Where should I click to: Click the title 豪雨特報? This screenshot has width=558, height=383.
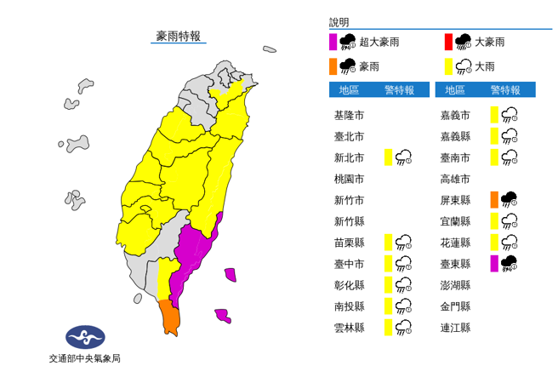coord(178,36)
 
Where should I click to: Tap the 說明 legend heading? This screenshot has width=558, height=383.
coord(339,23)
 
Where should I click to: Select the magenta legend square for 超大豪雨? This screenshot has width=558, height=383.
coord(333,42)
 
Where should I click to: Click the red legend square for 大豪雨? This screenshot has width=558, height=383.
coord(447,42)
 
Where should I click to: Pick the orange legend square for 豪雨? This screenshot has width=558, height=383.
coord(333,66)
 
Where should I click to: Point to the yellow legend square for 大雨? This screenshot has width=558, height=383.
coord(447,66)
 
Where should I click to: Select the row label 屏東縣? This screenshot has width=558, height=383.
coord(456,200)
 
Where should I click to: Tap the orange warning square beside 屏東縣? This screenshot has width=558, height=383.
coord(494,200)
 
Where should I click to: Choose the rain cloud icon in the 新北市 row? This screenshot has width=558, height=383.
coord(404,157)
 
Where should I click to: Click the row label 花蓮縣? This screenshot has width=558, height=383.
coord(456,242)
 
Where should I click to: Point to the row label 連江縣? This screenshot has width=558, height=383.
coord(456,327)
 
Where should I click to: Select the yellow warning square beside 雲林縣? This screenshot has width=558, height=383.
coord(388,327)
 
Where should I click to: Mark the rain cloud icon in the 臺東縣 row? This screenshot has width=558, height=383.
coord(510,263)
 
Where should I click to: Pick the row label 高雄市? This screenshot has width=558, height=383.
coord(456,179)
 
